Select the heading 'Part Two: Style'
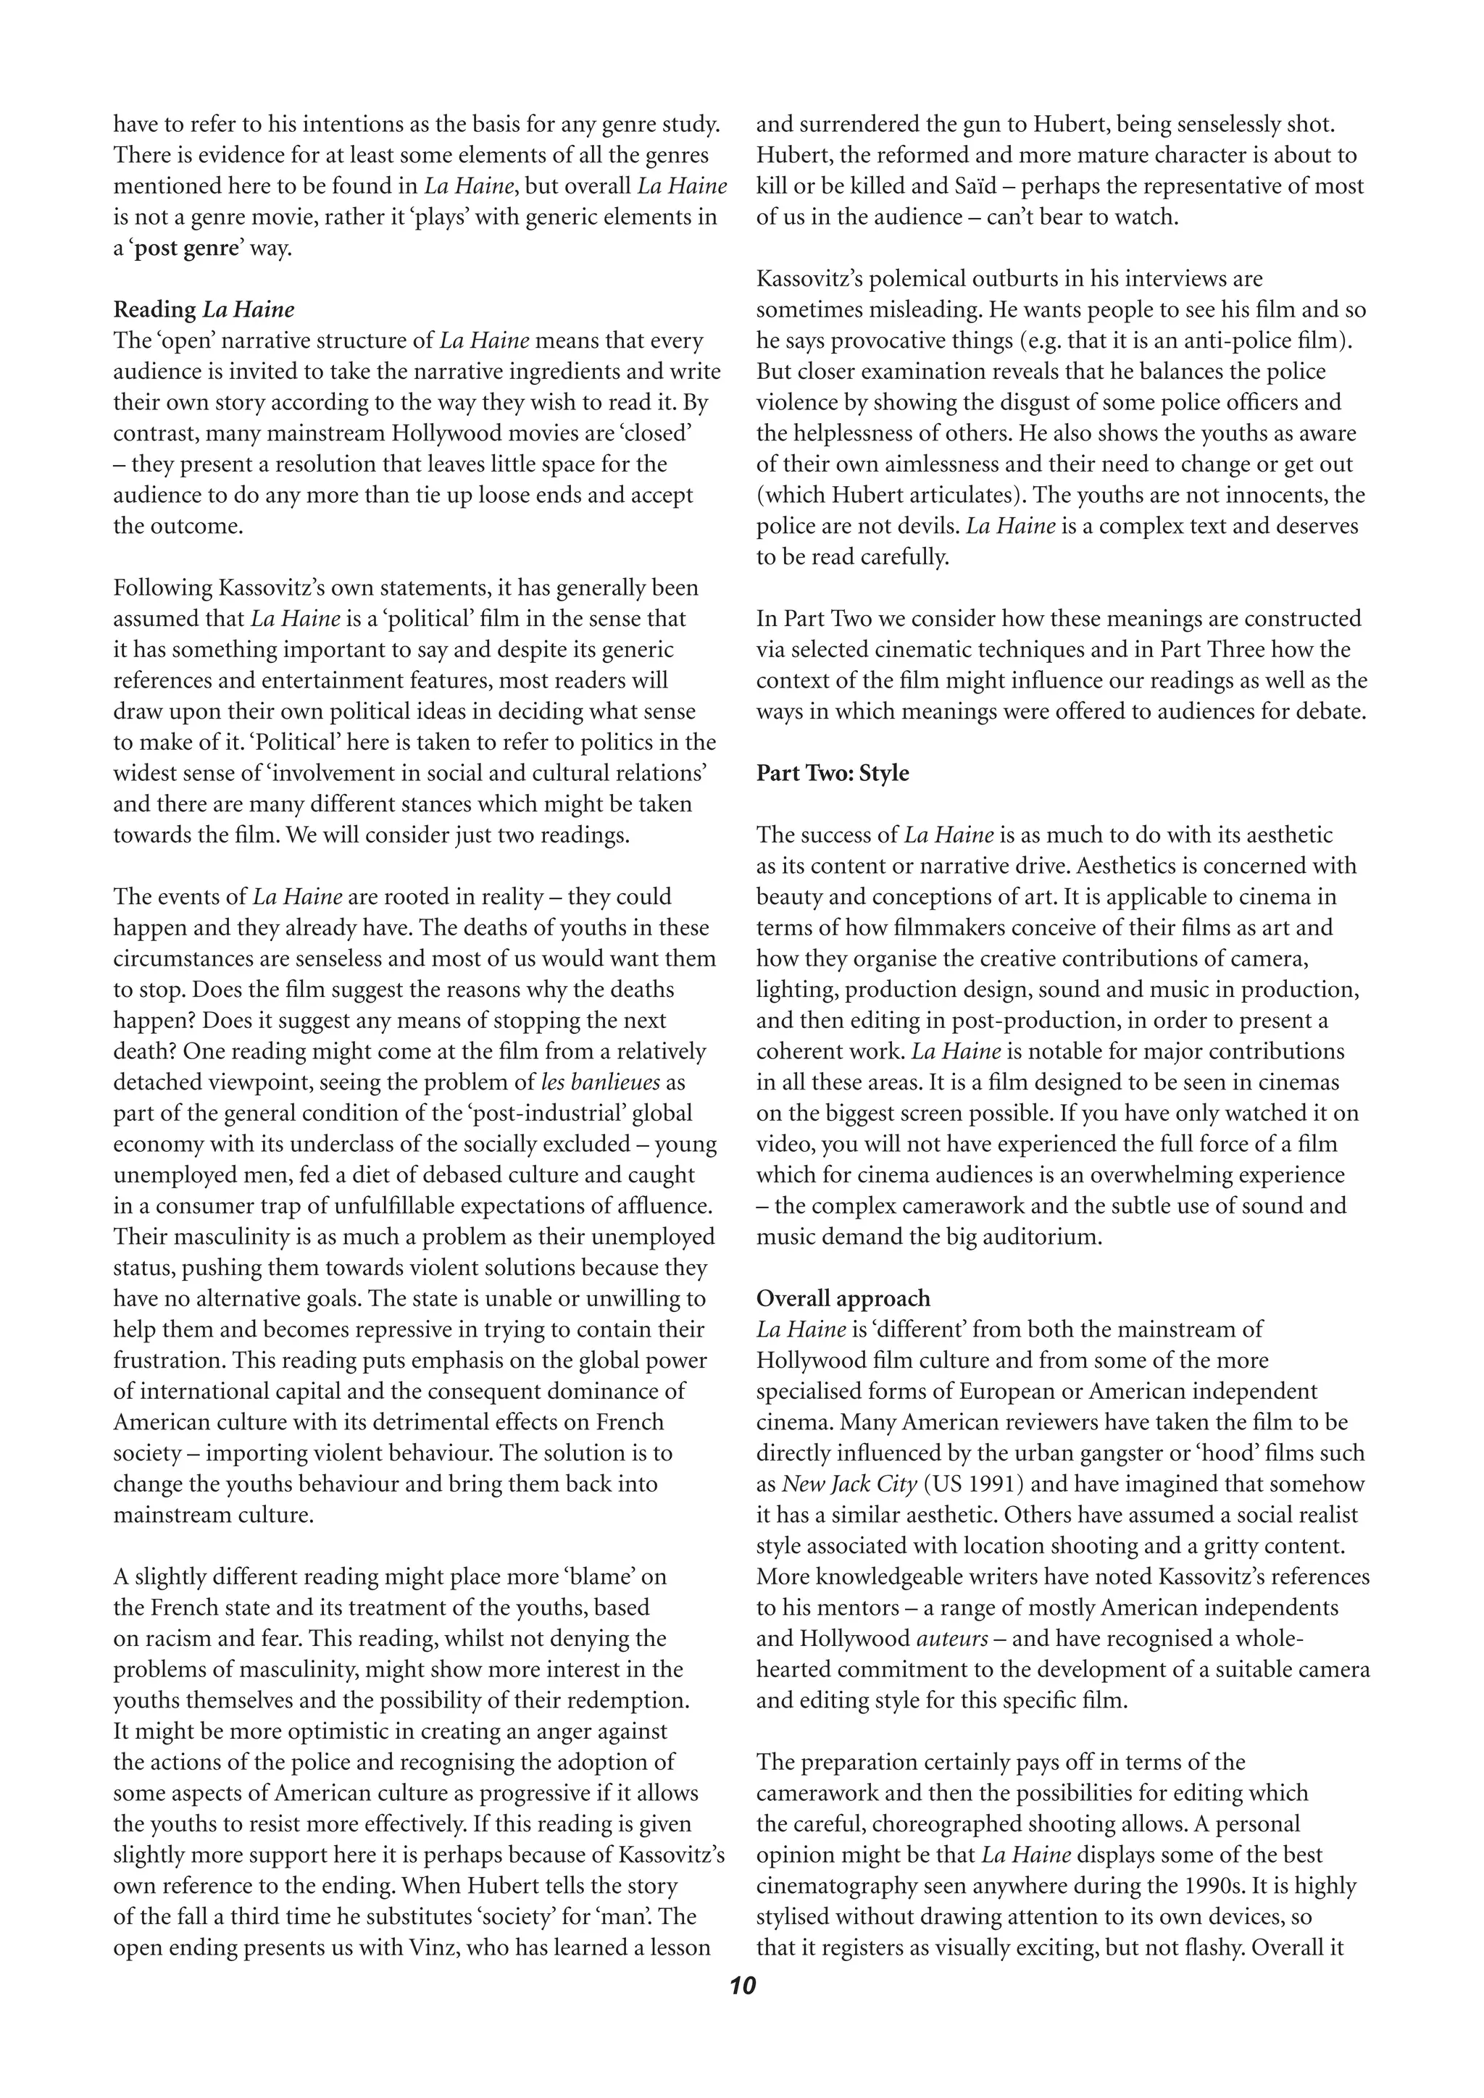pyautogui.click(x=832, y=773)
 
